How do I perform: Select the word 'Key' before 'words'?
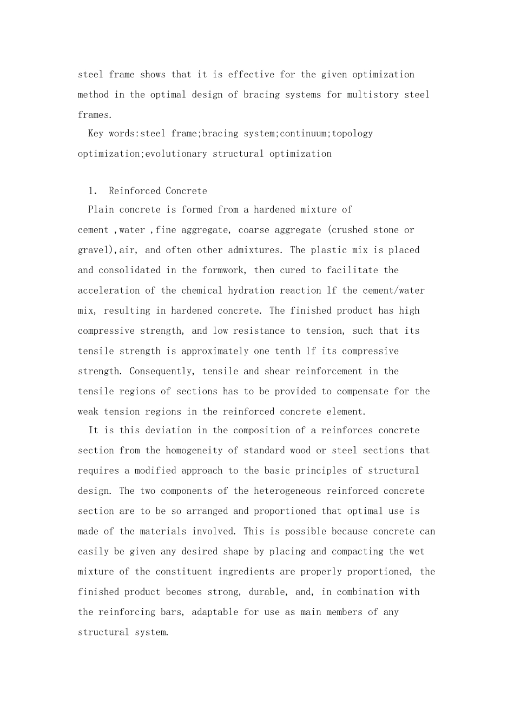point(95,134)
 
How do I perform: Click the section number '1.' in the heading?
point(93,191)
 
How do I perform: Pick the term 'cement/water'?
point(393,290)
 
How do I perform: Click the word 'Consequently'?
point(161,372)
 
